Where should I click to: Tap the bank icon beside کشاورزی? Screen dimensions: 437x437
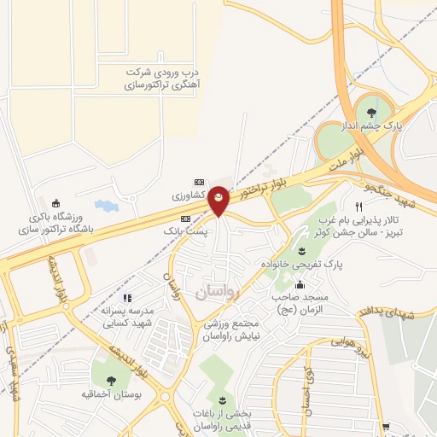[199, 182]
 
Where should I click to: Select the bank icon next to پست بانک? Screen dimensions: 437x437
[187, 219]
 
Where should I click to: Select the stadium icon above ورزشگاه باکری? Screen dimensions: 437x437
[56, 203]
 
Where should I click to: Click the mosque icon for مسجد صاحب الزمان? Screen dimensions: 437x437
[300, 286]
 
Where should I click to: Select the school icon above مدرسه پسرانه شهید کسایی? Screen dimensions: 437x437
[126, 298]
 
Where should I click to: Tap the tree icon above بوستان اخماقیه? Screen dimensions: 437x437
[111, 381]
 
